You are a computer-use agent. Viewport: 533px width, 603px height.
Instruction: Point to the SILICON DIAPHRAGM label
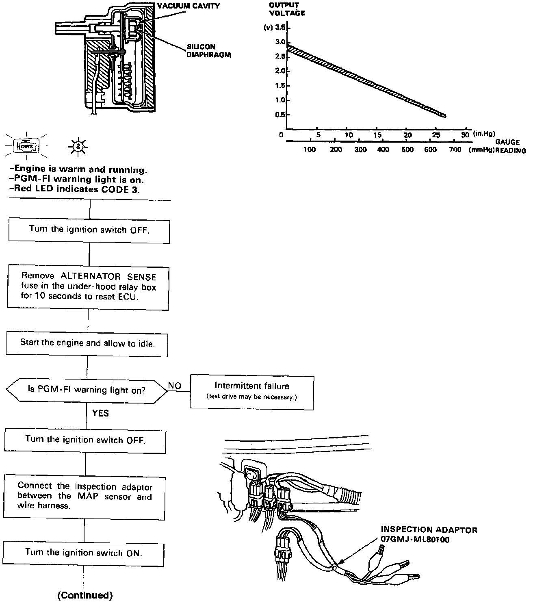(x=208, y=51)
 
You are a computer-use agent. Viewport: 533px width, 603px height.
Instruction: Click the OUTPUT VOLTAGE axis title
(x=287, y=9)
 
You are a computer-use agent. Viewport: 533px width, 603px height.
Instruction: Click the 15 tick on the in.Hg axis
(x=378, y=135)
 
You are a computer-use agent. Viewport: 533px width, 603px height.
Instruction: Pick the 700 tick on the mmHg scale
(x=455, y=150)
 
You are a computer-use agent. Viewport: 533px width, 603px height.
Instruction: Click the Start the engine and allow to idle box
(x=87, y=344)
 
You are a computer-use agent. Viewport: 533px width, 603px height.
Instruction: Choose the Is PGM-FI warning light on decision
(x=86, y=390)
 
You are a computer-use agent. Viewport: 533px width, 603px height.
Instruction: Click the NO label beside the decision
(x=175, y=385)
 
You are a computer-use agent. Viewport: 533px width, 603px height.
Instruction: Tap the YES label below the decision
(x=100, y=413)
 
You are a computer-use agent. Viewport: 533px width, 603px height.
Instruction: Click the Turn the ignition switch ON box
(x=84, y=553)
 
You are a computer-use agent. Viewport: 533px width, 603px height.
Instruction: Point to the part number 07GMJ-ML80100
(x=415, y=540)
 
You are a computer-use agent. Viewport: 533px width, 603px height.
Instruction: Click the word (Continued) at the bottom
(x=84, y=595)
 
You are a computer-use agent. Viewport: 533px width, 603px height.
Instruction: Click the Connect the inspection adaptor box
(x=84, y=497)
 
